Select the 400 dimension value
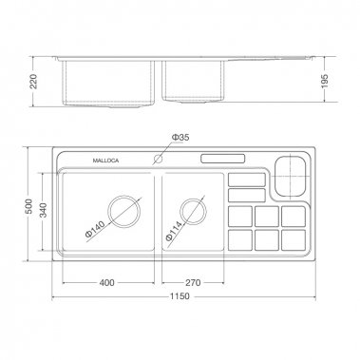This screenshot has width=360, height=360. click(x=106, y=281)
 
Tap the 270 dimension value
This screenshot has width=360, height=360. click(x=192, y=281)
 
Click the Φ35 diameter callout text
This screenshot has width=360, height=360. click(x=180, y=139)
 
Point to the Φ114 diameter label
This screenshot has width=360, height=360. click(x=175, y=231)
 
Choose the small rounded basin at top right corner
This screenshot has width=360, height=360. click(x=290, y=172)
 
